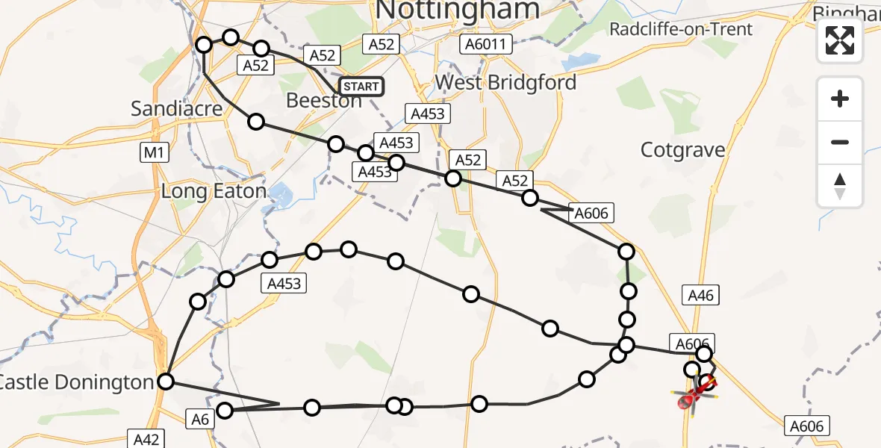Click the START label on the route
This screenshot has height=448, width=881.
point(361,87)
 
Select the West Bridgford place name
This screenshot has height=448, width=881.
point(505,82)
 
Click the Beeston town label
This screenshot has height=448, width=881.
point(324,101)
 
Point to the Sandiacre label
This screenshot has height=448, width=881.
point(177,108)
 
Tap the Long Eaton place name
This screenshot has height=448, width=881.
point(214,191)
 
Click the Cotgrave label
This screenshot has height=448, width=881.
point(683,150)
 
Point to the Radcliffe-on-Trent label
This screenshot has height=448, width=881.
point(682,29)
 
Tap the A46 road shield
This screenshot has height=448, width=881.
point(700,296)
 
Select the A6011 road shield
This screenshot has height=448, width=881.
point(485,44)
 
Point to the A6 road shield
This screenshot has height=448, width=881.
point(199,420)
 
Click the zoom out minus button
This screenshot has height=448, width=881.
point(840,142)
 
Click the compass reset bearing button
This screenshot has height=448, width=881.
point(840,186)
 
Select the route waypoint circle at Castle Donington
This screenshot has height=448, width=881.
point(166,382)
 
